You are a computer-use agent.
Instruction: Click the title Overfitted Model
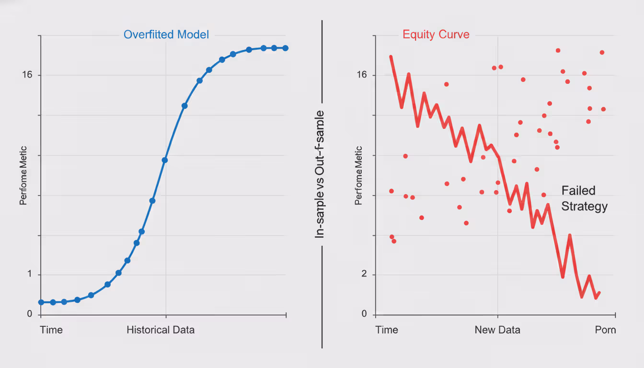coord(166,34)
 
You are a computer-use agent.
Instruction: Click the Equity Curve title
coord(436,34)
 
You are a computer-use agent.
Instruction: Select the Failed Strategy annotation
coord(585,198)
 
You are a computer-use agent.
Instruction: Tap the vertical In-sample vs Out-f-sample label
coord(320,174)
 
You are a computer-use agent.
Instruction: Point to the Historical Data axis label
coord(161,330)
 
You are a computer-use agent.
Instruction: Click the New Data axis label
coord(497,330)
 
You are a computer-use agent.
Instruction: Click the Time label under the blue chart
coord(51,330)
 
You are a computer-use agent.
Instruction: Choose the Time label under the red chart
coord(387,330)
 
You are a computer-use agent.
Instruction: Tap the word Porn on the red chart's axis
coord(605,330)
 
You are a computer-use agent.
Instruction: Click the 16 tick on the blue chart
coord(27,75)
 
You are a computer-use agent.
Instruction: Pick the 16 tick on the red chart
coord(362,75)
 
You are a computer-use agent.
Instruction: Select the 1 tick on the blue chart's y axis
coord(30,275)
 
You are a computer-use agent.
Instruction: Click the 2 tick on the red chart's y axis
coord(365,275)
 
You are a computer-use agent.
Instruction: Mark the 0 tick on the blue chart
coord(30,314)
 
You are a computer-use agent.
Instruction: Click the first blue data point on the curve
coord(41,302)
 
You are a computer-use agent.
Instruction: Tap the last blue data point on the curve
coord(285,48)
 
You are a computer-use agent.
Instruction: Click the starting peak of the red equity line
coord(391,57)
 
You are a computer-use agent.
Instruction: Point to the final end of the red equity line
coord(599,293)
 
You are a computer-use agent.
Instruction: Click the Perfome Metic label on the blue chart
coord(23,182)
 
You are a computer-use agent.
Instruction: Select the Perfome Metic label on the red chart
coord(358,182)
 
